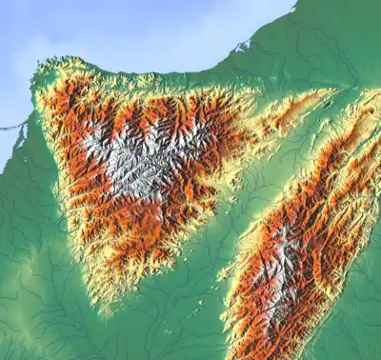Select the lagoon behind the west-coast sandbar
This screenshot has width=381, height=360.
click(x=24, y=133)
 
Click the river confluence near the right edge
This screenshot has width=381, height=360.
click(x=367, y=90)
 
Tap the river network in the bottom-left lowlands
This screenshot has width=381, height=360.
click(x=38, y=305)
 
